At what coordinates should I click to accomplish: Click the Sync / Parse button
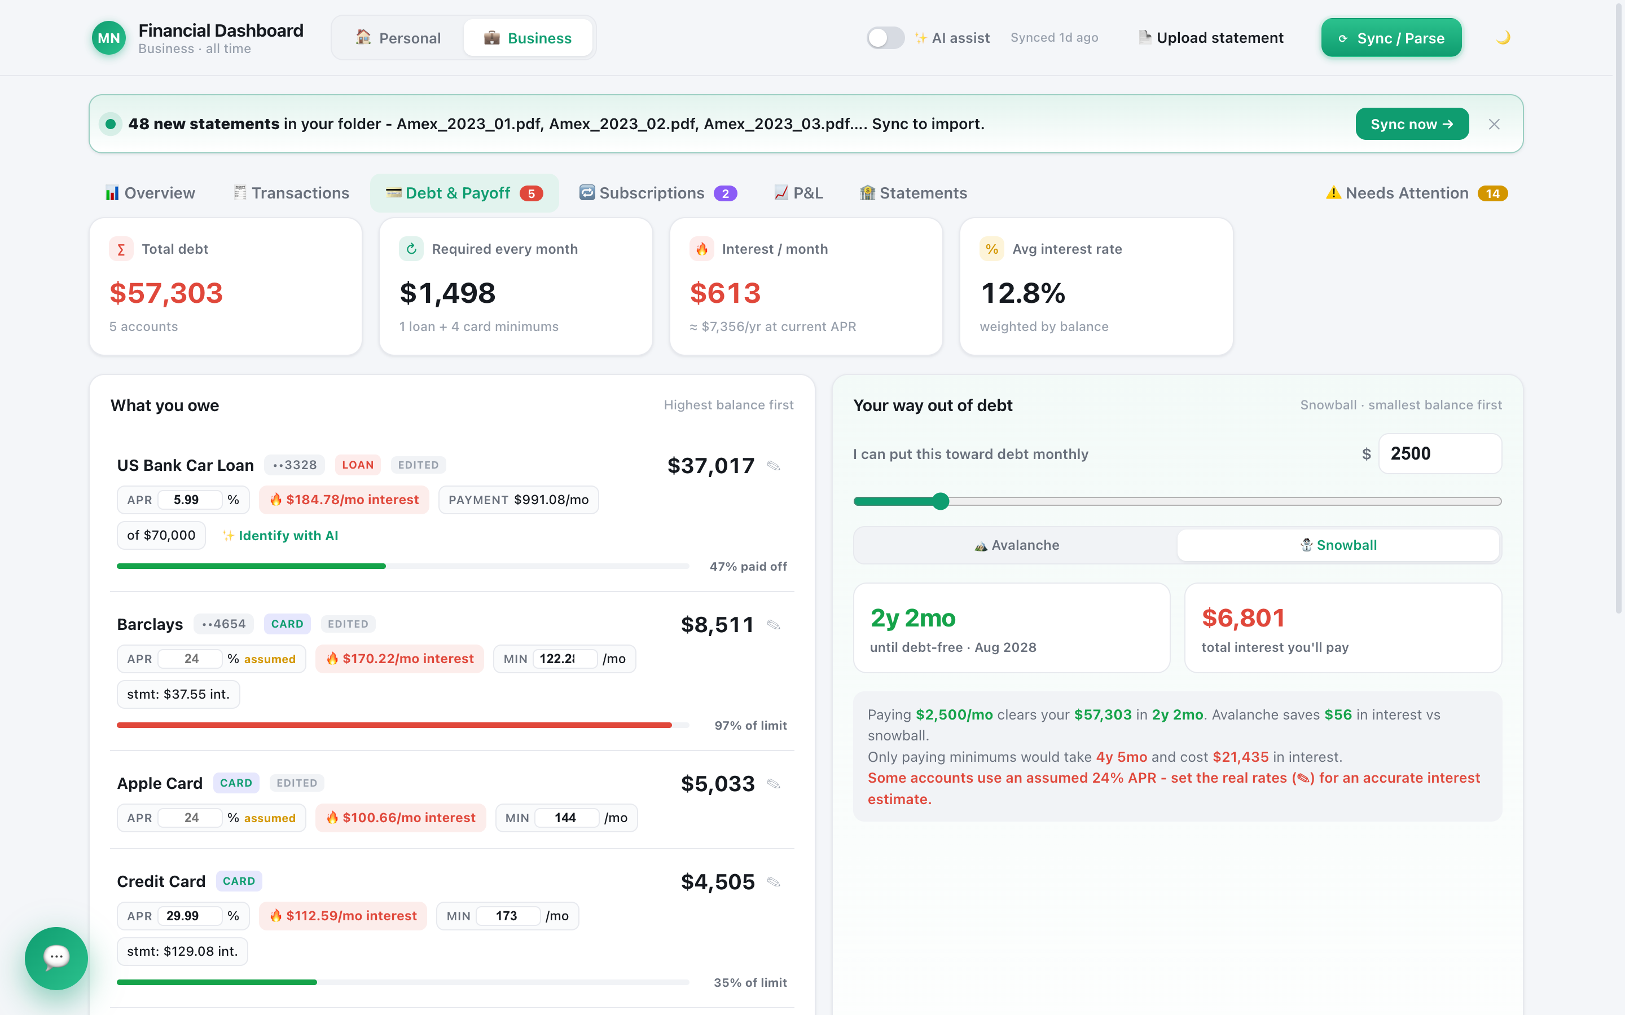(x=1391, y=38)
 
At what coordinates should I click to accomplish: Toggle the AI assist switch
(x=885, y=38)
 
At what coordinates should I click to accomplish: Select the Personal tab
(x=398, y=38)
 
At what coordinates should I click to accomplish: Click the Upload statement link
(x=1211, y=38)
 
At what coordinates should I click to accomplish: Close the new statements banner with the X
(x=1494, y=124)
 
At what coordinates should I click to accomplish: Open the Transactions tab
(x=291, y=193)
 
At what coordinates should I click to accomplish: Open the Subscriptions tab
(x=658, y=193)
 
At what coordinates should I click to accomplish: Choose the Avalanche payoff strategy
(x=1016, y=545)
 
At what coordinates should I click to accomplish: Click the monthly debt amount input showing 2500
(x=1440, y=454)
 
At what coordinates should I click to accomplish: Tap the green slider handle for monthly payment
(x=941, y=501)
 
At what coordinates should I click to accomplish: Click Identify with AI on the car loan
(x=280, y=536)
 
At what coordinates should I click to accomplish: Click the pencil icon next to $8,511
(x=774, y=625)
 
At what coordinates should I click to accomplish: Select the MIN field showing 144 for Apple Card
(x=566, y=818)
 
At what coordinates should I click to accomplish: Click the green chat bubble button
(x=56, y=958)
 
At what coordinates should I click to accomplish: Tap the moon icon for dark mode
(x=1503, y=38)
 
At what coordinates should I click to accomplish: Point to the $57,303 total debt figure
(x=166, y=293)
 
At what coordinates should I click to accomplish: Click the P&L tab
(x=798, y=193)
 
